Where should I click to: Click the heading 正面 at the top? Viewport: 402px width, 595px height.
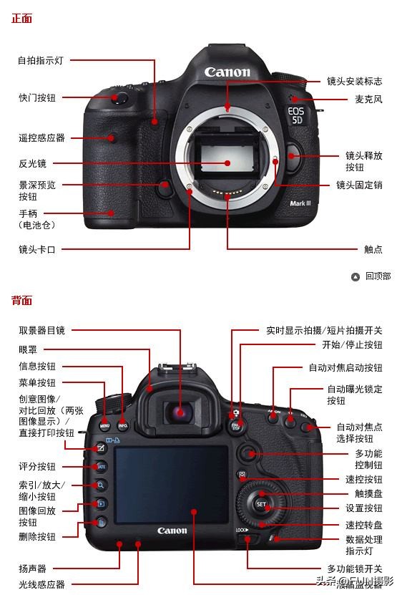pyautogui.click(x=21, y=19)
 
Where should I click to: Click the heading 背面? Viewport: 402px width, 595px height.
pyautogui.click(x=21, y=301)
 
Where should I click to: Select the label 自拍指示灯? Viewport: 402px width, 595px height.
pyautogui.click(x=40, y=61)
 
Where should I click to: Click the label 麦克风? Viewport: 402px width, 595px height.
pyautogui.click(x=368, y=100)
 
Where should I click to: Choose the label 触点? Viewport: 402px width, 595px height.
pyautogui.click(x=373, y=249)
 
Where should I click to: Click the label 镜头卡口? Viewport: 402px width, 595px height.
pyautogui.click(x=36, y=249)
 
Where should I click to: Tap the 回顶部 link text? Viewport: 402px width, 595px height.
pyautogui.click(x=378, y=276)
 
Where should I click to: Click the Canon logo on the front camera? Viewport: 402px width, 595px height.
pyautogui.click(x=227, y=72)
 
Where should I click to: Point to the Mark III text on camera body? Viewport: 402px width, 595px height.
pyautogui.click(x=300, y=203)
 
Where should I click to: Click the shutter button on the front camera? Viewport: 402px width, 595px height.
pyautogui.click(x=119, y=96)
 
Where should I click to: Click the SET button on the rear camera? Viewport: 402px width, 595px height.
pyautogui.click(x=261, y=504)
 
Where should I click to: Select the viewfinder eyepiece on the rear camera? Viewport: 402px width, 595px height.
pyautogui.click(x=180, y=412)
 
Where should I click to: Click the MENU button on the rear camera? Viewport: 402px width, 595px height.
pyautogui.click(x=105, y=425)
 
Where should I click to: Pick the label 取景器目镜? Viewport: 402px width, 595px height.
pyautogui.click(x=41, y=330)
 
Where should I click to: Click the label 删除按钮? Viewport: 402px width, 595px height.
pyautogui.click(x=36, y=536)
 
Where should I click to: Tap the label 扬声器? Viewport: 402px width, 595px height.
pyautogui.click(x=32, y=569)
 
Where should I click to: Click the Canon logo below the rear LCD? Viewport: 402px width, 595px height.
pyautogui.click(x=172, y=531)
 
